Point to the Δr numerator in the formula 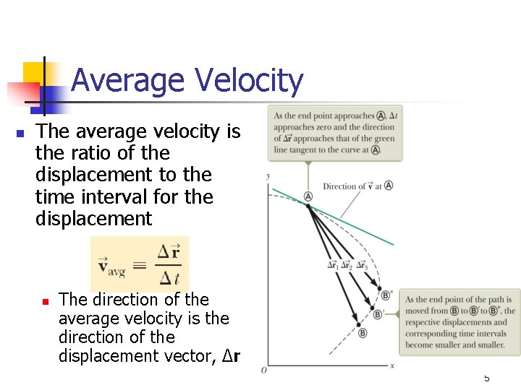click(x=169, y=252)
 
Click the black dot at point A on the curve click(x=308, y=207)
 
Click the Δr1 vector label click(x=333, y=265)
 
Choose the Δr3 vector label click(x=360, y=265)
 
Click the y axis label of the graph click(x=268, y=176)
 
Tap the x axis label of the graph click(x=391, y=366)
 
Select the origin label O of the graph click(x=263, y=370)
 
